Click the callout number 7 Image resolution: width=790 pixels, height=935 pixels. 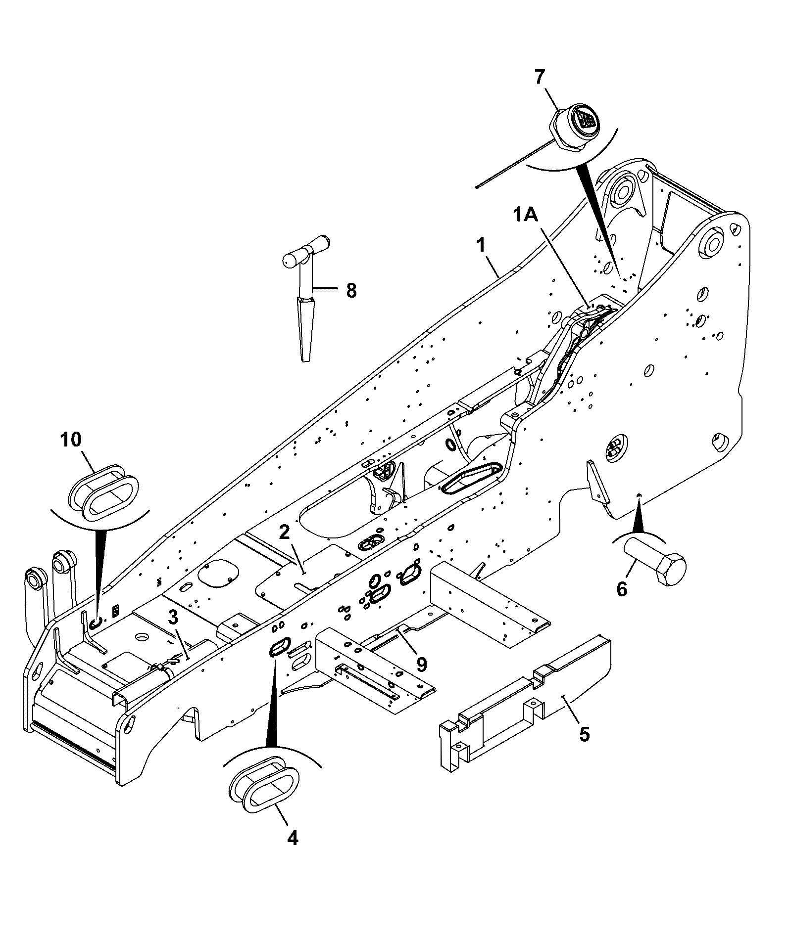click(539, 77)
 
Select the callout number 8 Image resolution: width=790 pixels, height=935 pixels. click(351, 290)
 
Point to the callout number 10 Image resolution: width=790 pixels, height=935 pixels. click(71, 439)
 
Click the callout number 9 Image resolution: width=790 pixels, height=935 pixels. click(421, 665)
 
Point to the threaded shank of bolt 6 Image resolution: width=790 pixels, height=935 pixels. click(640, 553)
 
